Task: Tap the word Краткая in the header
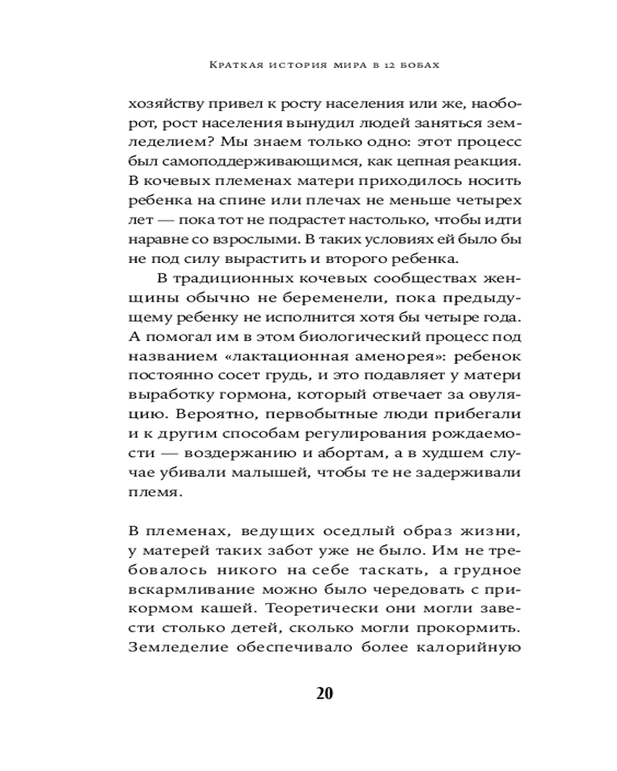point(236,66)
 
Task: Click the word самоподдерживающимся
point(238,163)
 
